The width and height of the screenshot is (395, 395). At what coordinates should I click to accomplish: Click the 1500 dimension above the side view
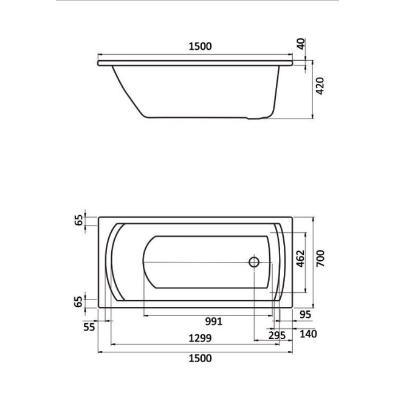coord(201,46)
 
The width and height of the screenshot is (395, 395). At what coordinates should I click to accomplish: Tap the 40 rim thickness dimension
coord(301,44)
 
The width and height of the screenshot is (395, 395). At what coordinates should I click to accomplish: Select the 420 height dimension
coord(320,86)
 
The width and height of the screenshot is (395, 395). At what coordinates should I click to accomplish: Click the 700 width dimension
coord(320,258)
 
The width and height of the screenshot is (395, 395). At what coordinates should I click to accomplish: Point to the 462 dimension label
coord(301,258)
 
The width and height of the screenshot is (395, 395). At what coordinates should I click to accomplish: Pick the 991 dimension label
coord(214,321)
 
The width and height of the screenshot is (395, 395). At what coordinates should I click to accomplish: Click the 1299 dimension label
coord(201,338)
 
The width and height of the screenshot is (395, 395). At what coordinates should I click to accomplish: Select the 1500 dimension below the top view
coord(201,358)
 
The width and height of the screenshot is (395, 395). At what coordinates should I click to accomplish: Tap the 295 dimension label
coord(277,335)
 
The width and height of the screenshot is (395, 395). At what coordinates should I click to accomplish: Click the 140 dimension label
coord(308,334)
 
